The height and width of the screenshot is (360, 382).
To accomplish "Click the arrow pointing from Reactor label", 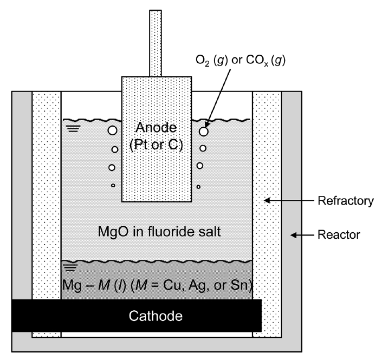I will coord(305,235).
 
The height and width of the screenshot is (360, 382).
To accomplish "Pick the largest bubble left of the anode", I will coord(112,130).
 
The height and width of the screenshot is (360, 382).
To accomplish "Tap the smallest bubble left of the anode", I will coord(113,186).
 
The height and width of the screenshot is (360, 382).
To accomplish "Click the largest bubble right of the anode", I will coord(204,131).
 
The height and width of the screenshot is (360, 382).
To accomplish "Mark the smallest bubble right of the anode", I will coord(199,187).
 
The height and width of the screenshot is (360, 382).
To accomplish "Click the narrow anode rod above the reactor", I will coord(156,43).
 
